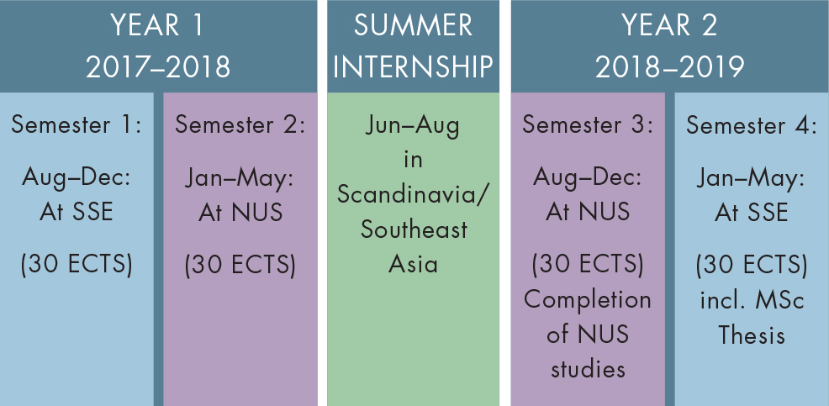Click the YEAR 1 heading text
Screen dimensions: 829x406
157,25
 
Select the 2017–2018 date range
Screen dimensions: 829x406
158,67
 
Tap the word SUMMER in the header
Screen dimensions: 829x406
413,25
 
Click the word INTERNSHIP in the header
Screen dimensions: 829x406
413,67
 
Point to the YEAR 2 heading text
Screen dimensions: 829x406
669,25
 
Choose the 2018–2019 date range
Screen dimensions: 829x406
670,67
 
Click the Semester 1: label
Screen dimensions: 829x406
77,124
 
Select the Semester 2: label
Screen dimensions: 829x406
240,124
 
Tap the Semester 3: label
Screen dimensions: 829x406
588,124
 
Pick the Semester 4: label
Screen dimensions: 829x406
752,125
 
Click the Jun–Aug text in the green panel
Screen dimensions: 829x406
412,128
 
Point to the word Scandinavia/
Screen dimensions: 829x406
414,196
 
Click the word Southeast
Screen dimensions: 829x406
414,230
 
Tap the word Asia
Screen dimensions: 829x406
413,264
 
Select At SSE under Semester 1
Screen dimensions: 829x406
77,212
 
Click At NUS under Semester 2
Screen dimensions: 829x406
240,212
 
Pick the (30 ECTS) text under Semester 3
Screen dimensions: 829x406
588,264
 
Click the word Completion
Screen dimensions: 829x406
588,300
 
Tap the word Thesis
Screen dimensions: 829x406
752,335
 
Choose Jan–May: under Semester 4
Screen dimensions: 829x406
752,180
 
